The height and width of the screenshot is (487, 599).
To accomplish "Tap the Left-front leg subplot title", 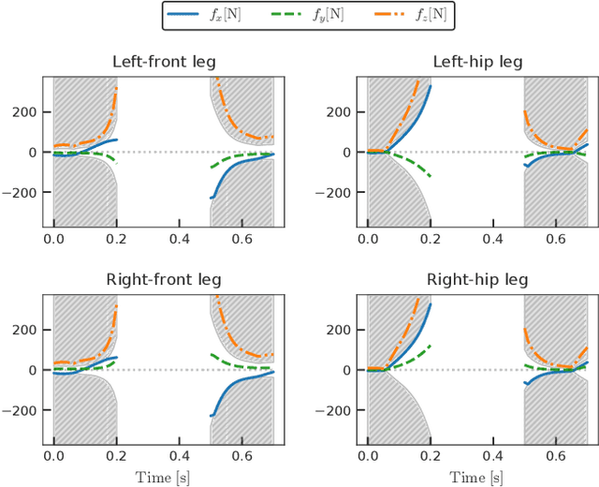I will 164,62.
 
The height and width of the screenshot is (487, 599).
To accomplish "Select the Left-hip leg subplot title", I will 477,62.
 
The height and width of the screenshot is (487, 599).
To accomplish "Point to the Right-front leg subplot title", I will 164,279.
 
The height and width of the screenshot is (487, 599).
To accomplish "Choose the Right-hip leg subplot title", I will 477,279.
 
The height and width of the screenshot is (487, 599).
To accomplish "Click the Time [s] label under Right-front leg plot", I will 164,477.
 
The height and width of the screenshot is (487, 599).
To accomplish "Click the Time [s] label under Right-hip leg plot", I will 477,477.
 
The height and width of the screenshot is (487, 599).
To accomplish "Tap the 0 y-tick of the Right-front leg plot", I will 34,370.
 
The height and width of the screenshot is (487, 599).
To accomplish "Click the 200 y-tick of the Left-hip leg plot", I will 340,111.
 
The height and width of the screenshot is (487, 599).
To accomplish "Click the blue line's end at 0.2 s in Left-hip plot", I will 431,86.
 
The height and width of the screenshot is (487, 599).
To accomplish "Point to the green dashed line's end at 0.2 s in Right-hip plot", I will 431,346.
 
